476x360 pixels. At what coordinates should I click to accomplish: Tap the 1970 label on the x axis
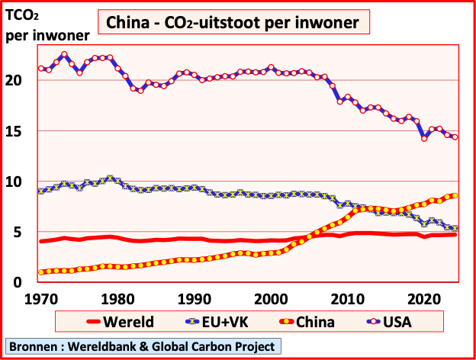tap(41, 297)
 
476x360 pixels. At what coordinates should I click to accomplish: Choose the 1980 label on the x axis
tap(117, 297)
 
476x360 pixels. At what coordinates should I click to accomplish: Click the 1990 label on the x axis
tap(194, 297)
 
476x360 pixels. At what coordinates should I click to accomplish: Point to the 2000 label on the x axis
tap(270, 297)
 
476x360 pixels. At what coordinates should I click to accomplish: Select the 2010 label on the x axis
tap(347, 297)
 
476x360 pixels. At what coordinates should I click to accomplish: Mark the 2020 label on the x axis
tap(423, 297)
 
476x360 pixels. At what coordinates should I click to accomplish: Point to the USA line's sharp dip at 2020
tap(424, 138)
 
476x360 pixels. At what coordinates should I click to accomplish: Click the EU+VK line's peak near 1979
tap(111, 178)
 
